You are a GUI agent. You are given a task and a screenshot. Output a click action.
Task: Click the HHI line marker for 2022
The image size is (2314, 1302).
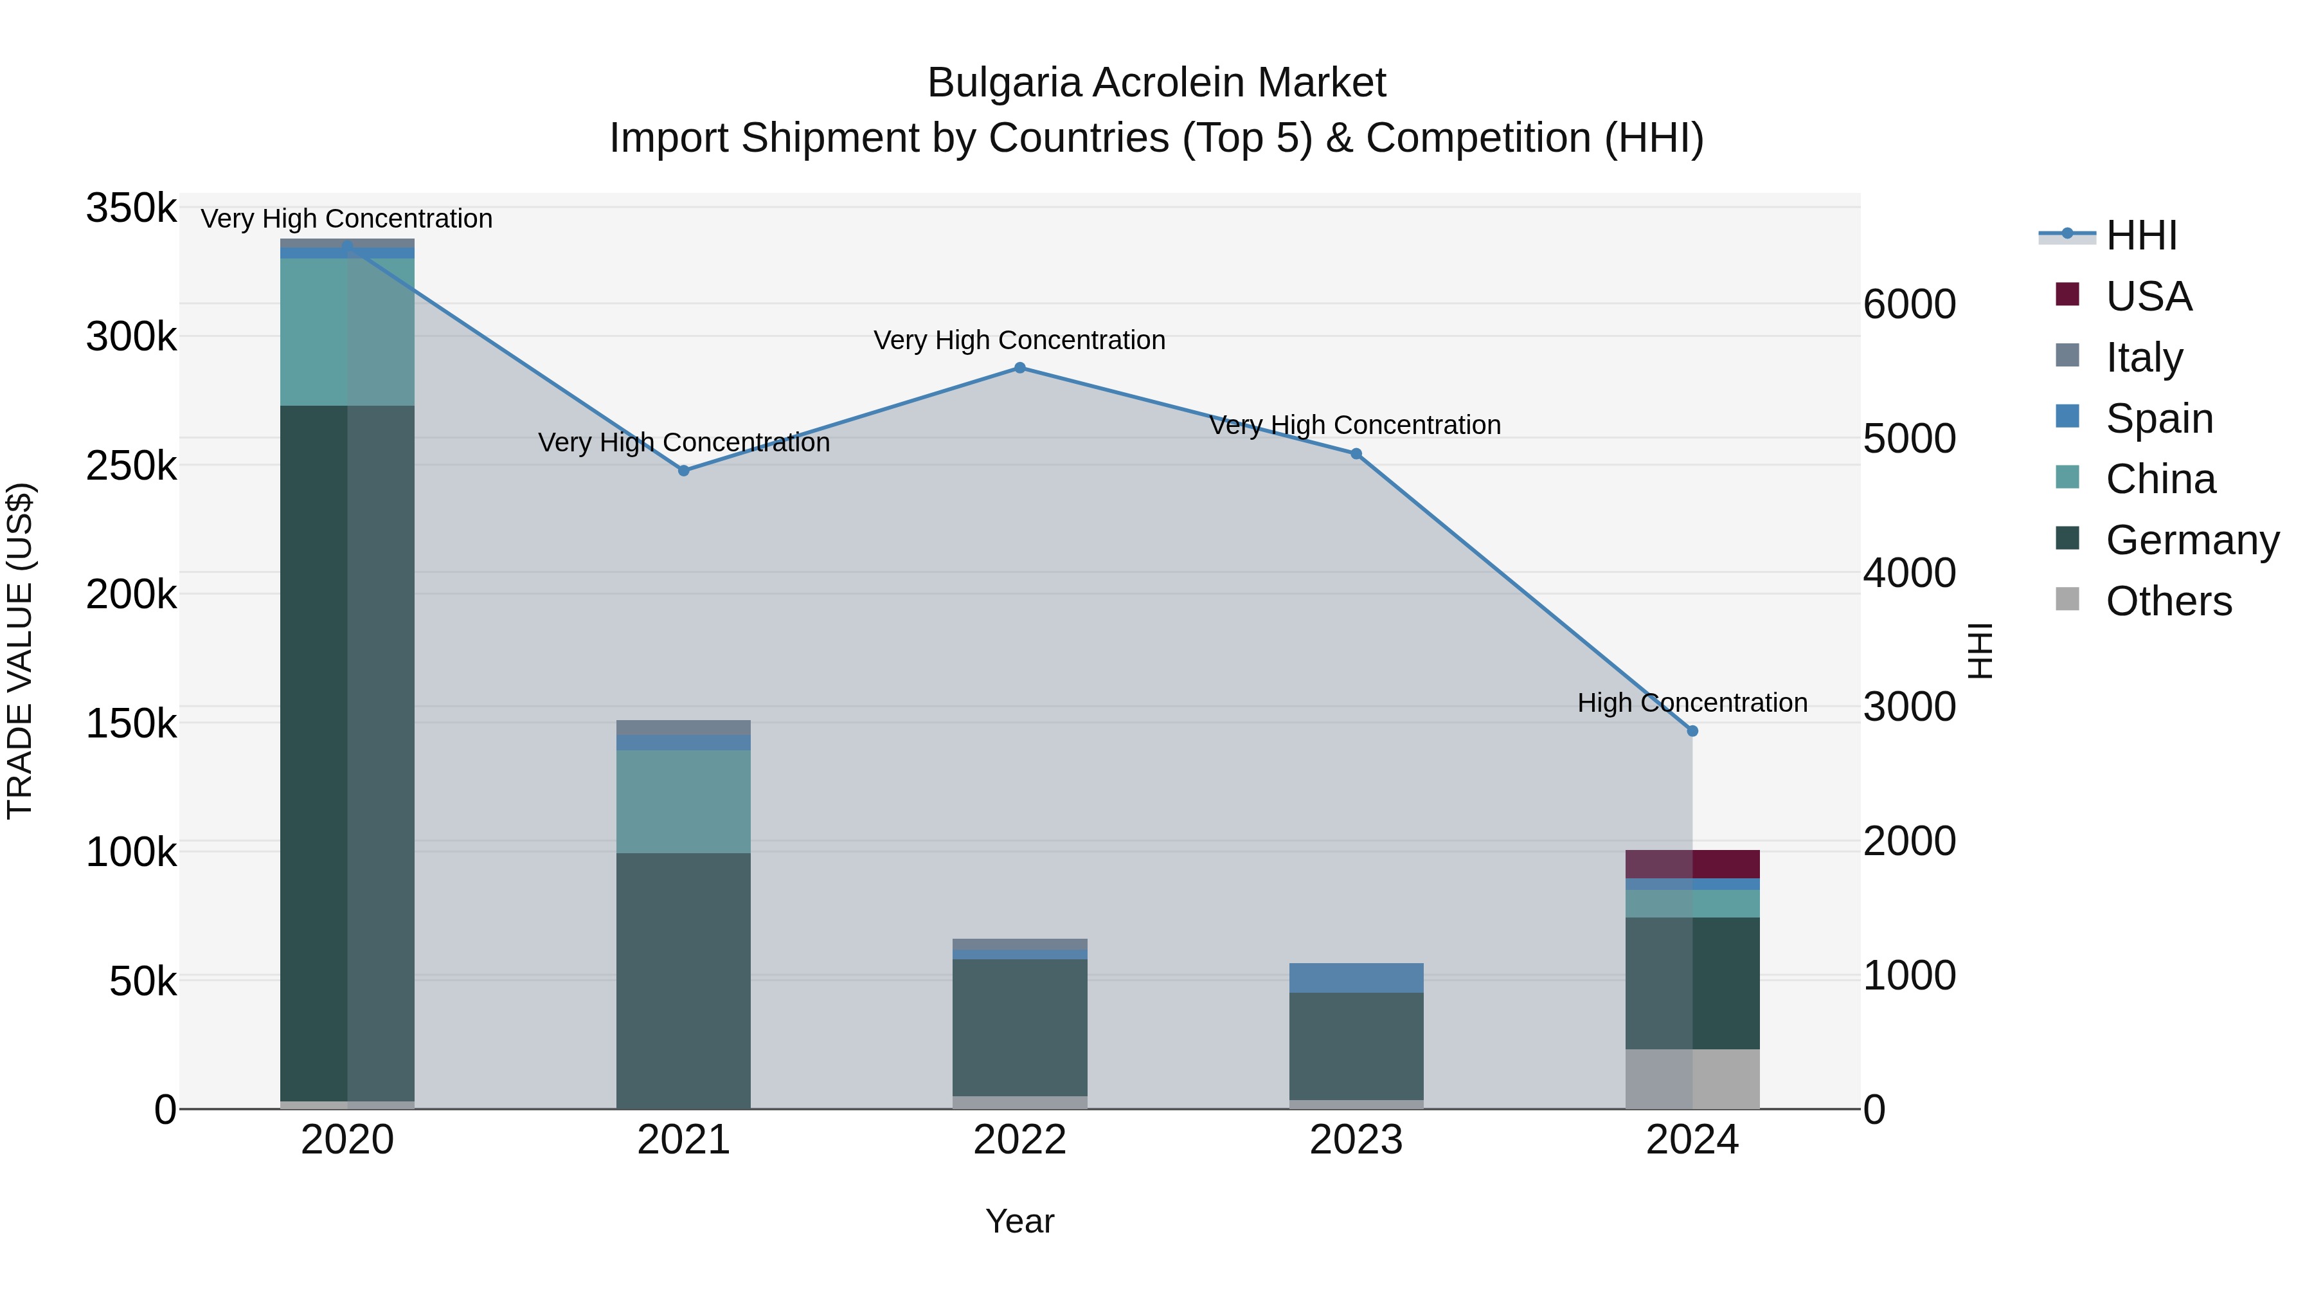click(1019, 368)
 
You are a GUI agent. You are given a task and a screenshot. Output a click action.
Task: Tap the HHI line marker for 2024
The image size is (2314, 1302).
click(1692, 730)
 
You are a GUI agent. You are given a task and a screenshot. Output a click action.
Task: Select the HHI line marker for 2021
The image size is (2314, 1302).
click(684, 470)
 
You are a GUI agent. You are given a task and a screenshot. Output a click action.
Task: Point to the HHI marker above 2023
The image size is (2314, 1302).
click(1356, 454)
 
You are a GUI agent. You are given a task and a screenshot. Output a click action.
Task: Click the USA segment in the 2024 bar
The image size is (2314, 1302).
click(1692, 863)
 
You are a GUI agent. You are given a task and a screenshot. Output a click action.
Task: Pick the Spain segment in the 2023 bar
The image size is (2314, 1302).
click(1356, 977)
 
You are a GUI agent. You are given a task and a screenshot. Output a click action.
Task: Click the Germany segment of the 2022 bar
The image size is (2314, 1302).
click(1019, 1027)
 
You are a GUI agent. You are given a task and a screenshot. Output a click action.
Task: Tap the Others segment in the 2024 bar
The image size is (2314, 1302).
click(1692, 1078)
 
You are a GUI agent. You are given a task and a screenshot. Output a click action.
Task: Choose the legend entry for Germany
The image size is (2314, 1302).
click(2192, 540)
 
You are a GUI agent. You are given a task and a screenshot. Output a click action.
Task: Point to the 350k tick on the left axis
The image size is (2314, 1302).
click(131, 208)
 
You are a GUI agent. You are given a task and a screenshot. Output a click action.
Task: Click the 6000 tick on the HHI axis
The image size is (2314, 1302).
click(1909, 305)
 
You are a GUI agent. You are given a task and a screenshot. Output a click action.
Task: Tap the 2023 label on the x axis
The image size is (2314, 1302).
click(1356, 1140)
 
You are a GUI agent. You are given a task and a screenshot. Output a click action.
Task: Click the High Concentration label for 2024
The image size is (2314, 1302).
click(1692, 703)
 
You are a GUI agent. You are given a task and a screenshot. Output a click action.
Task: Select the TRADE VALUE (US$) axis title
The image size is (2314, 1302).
click(20, 651)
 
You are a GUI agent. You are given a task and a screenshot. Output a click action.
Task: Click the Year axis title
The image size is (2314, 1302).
click(1019, 1221)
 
